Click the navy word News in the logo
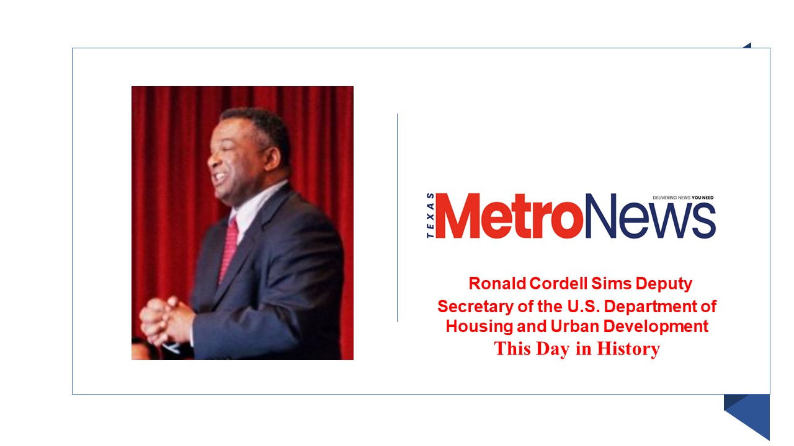coord(650,216)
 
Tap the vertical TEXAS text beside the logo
coord(430,216)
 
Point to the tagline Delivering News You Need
coord(683,198)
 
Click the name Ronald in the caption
coord(497,284)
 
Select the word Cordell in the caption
coord(558,284)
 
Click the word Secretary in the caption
coord(475,307)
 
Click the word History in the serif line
coord(628,349)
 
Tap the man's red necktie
coord(229,250)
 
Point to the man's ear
coord(272,158)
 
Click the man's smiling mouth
coord(220,176)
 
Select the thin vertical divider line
coord(397,217)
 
